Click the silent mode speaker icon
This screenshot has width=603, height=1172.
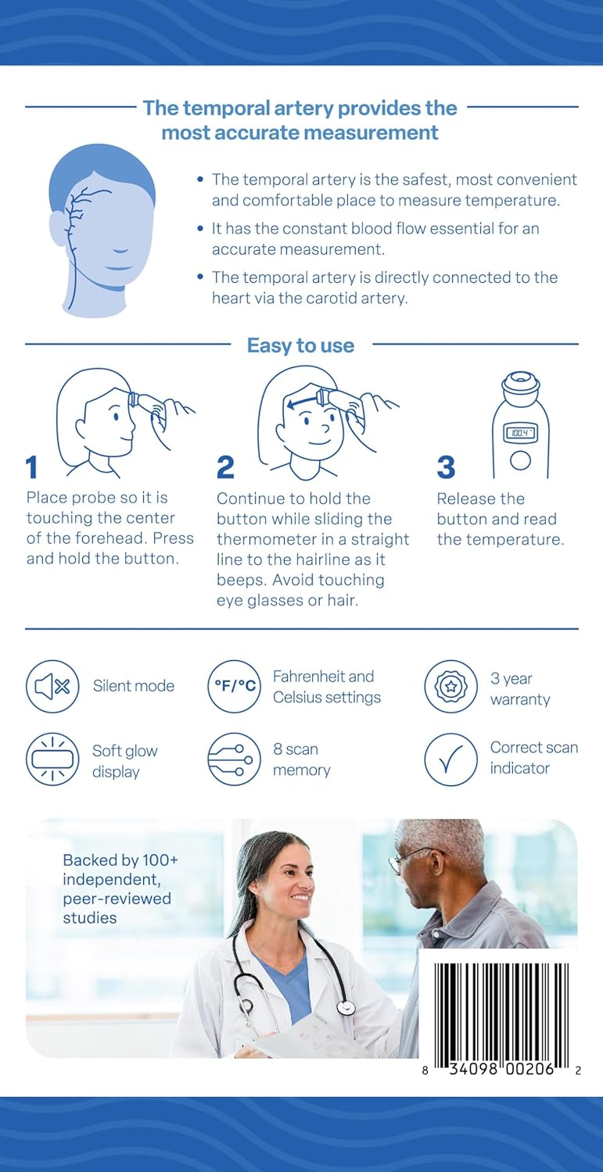click(52, 686)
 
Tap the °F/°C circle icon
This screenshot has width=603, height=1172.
click(235, 686)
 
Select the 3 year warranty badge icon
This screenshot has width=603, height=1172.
click(450, 686)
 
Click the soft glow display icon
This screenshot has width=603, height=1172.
click(52, 759)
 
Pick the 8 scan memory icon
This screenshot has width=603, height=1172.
click(235, 759)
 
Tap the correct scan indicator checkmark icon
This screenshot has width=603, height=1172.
click(450, 759)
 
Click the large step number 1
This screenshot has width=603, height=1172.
click(32, 467)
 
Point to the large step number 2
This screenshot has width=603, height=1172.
click(225, 467)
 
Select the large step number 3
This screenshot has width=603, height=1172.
click(446, 467)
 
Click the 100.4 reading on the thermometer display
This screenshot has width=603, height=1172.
click(519, 433)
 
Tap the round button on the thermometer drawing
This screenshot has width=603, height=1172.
click(520, 460)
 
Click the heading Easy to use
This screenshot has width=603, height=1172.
click(300, 345)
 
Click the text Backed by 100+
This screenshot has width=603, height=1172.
click(120, 860)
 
